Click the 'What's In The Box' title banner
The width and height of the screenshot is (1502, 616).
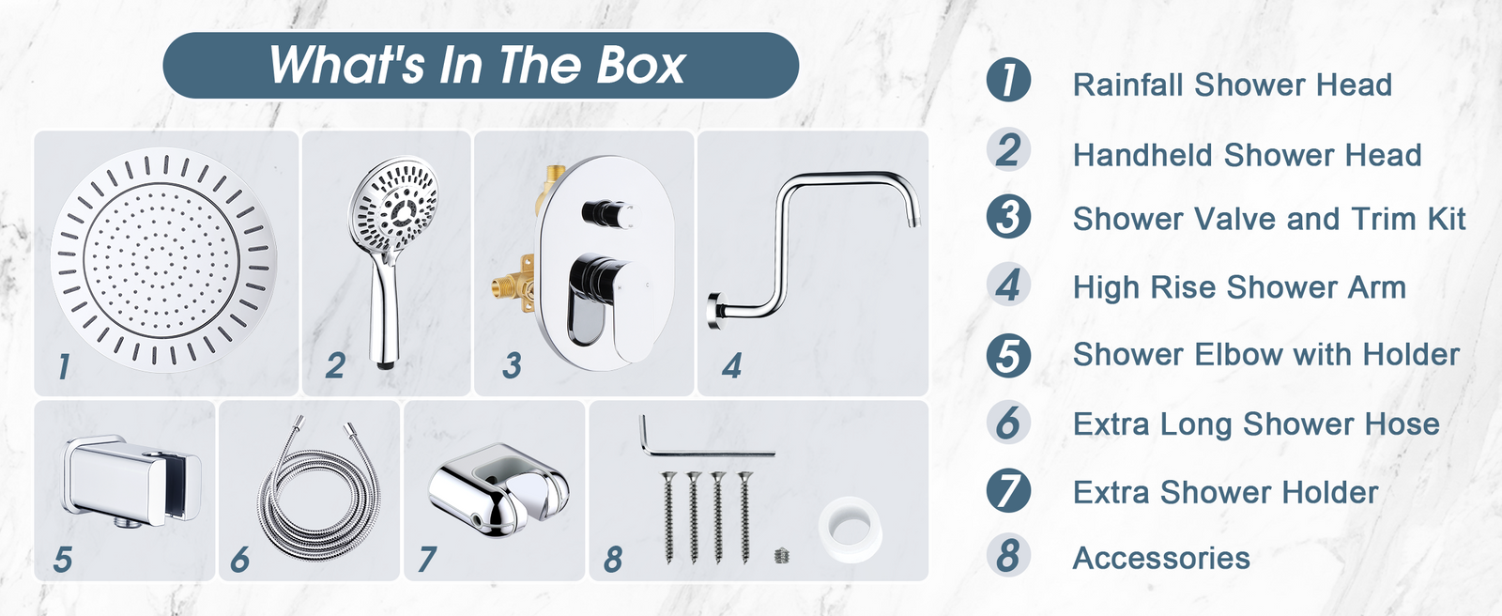[481, 65]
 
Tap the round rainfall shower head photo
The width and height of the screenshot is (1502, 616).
[163, 259]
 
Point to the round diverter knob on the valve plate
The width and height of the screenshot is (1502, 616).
[607, 214]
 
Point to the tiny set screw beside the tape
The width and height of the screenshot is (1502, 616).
[780, 555]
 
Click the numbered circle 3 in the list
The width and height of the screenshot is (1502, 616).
[1008, 217]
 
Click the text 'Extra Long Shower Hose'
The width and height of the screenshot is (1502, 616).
[1256, 424]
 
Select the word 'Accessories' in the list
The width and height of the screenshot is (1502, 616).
[1161, 559]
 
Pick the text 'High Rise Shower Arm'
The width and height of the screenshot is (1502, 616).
[1239, 288]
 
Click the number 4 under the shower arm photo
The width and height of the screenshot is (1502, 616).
[731, 365]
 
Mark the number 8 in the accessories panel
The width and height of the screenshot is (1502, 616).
[613, 559]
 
